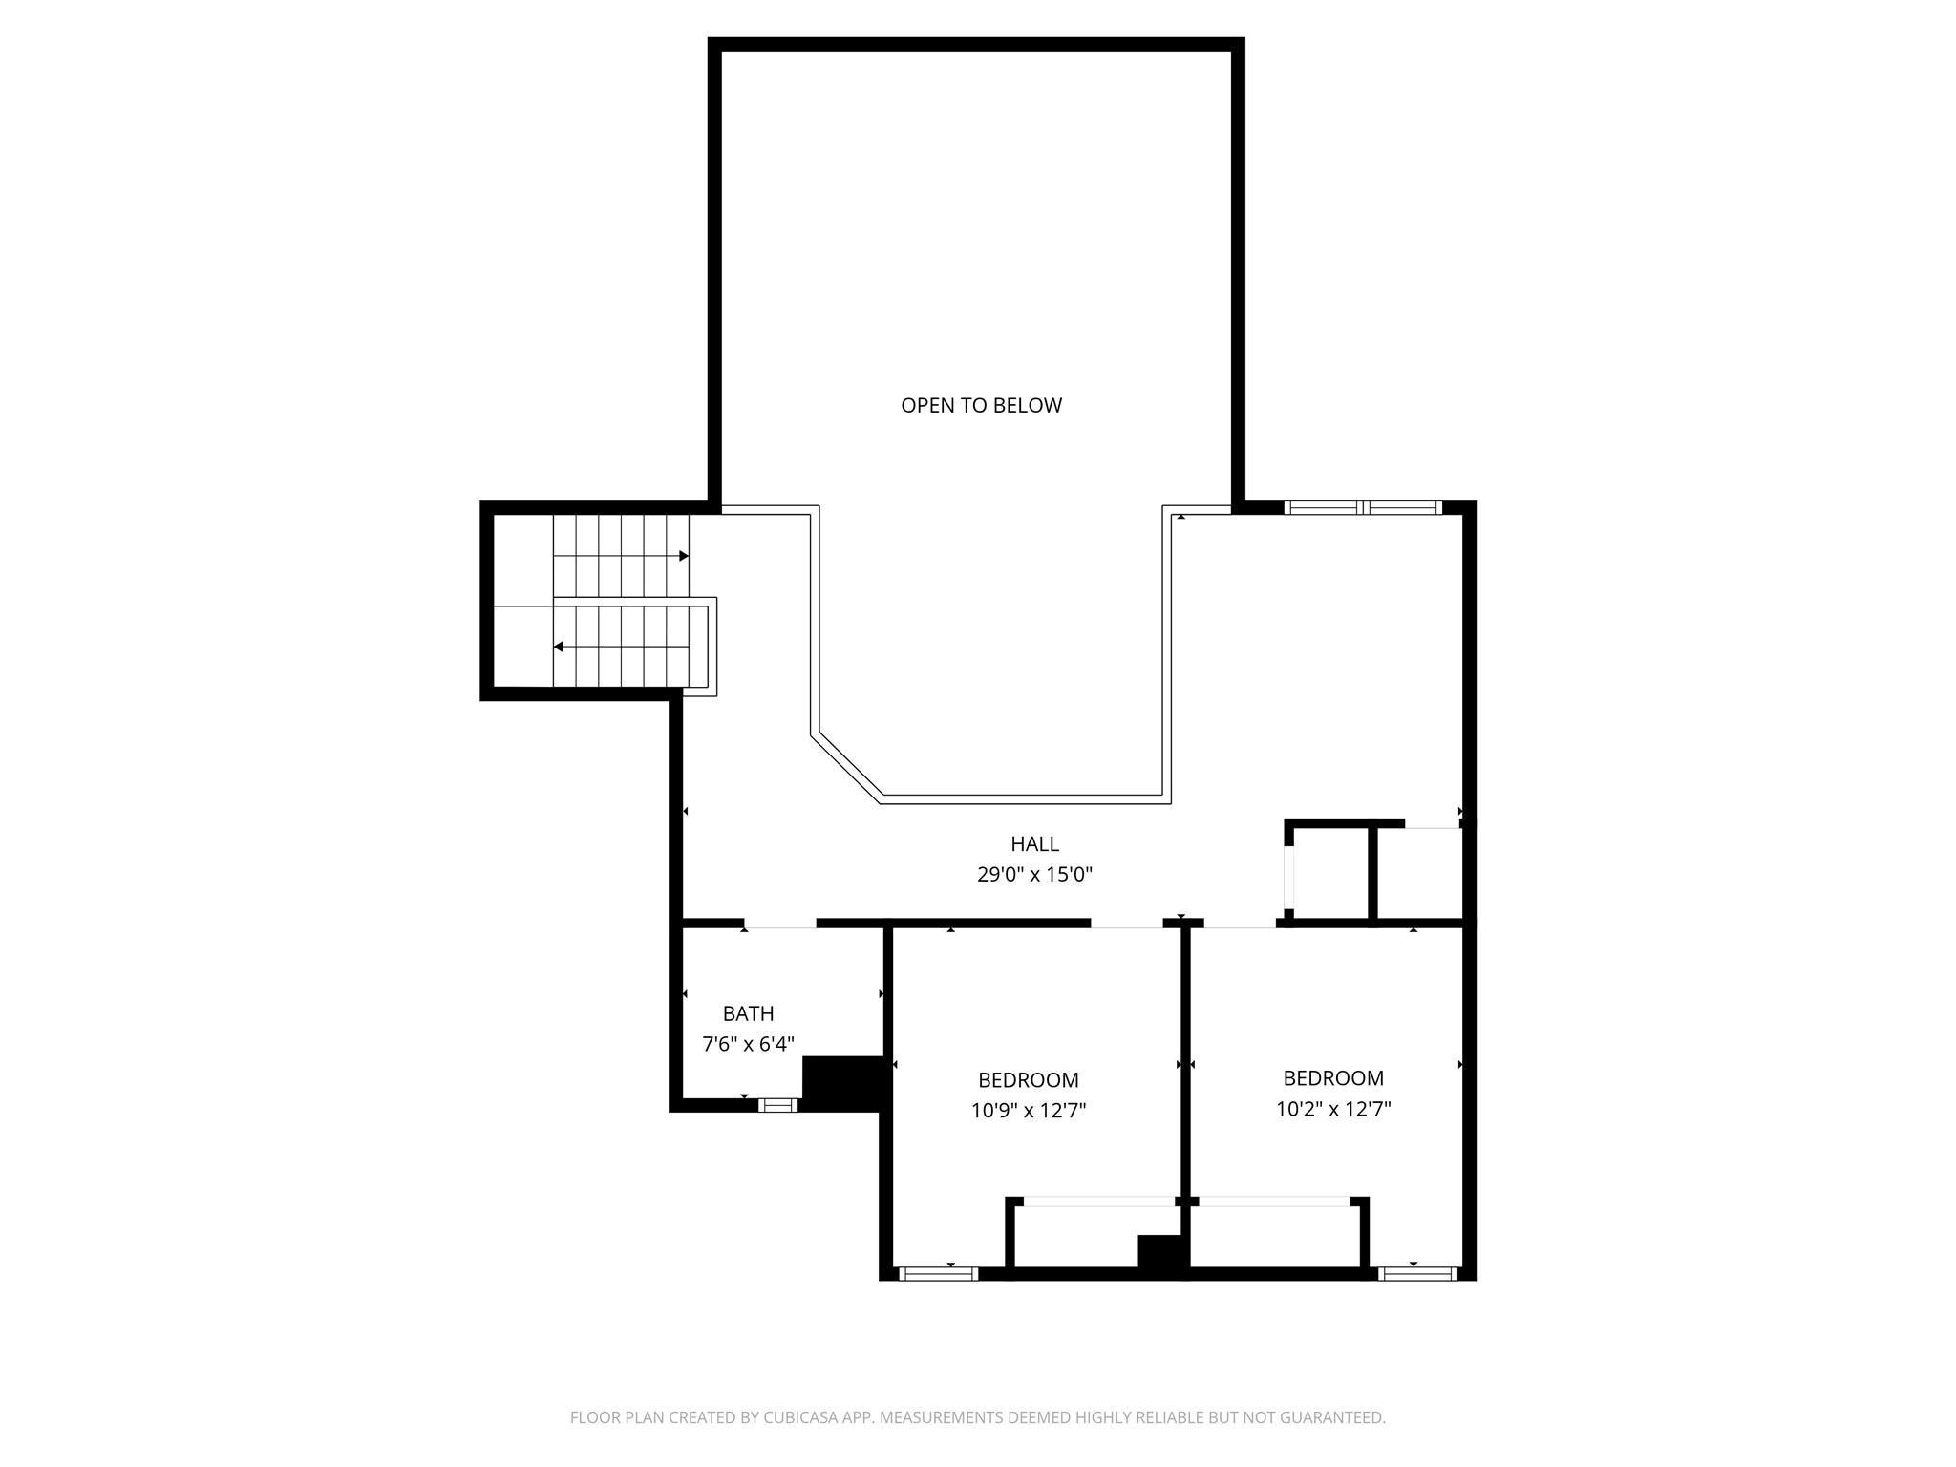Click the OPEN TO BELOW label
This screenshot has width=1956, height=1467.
tap(981, 405)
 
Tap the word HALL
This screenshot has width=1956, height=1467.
tap(1034, 844)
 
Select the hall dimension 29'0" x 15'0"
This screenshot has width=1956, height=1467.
tap(1034, 874)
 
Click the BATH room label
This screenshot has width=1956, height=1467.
tap(748, 1013)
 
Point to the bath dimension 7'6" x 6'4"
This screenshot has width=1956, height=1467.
tap(748, 1044)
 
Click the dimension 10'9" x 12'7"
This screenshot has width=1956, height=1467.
tap(1029, 1111)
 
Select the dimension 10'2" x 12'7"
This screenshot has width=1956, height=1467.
tap(1333, 1109)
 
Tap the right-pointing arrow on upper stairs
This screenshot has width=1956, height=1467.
tap(683, 556)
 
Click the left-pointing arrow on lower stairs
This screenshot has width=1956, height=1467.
tap(559, 648)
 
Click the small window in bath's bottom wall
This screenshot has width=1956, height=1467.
tap(778, 1105)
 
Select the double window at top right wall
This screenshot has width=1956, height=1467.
tap(1363, 507)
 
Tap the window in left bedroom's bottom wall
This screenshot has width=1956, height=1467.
tap(939, 1273)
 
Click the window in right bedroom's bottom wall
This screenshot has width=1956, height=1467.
tap(1417, 1273)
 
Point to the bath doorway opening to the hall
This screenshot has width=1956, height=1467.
tap(780, 924)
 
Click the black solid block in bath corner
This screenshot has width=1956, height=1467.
tap(841, 1083)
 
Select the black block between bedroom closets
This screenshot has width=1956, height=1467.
tap(1160, 1252)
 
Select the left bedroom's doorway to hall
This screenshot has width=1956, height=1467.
tap(1126, 924)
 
